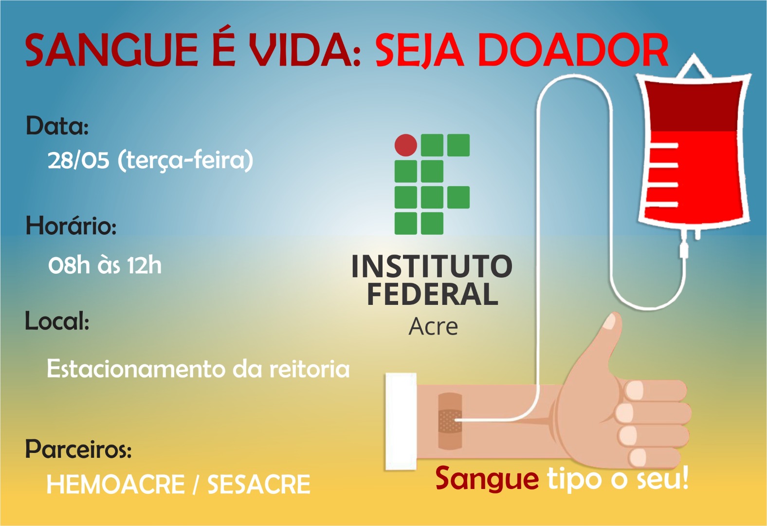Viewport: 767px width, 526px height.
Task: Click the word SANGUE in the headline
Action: point(111,50)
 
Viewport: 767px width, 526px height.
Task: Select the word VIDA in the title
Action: point(301,50)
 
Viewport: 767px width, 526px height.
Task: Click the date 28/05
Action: point(78,160)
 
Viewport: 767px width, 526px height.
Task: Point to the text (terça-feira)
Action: point(185,160)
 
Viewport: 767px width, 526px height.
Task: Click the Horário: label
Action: point(71,226)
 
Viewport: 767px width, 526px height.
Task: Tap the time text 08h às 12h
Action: point(105,265)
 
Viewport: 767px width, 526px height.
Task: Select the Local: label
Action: point(57,321)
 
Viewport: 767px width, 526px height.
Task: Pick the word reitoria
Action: point(310,369)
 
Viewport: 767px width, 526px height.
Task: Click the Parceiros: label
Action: point(78,449)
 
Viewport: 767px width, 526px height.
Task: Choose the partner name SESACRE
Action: point(259,484)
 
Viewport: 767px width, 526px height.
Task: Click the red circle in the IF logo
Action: point(406,145)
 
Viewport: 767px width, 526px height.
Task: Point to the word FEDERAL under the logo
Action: point(432,294)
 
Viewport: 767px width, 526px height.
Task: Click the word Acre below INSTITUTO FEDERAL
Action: point(433,326)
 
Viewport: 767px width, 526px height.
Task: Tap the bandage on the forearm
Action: point(450,421)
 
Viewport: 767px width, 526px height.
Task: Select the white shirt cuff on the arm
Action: point(401,421)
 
